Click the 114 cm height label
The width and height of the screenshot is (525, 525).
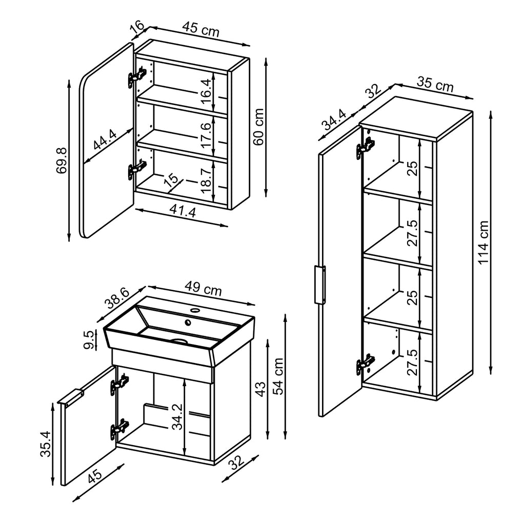(483, 243)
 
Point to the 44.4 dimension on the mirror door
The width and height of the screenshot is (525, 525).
(105, 139)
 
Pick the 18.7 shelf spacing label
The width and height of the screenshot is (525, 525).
(206, 180)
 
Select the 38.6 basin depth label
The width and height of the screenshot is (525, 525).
(116, 297)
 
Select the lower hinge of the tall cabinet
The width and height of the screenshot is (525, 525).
(365, 365)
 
